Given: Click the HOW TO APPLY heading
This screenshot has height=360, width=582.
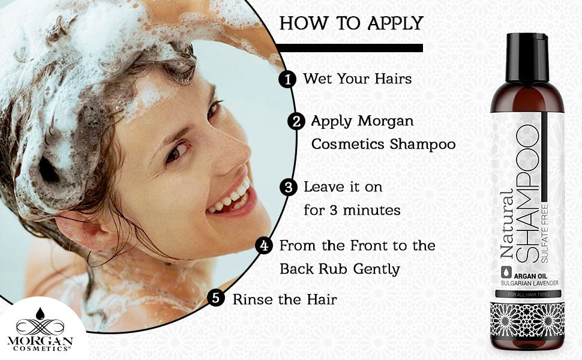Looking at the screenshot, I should coord(352,23).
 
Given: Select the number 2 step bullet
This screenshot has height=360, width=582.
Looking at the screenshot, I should coord(296,122).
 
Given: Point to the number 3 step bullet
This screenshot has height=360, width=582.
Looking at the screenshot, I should coord(289,188).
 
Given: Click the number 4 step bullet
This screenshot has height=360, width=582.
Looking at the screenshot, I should coord(264,246).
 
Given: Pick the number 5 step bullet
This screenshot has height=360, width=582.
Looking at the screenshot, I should coord(217,298).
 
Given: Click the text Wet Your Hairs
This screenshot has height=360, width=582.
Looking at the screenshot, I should coord(357,79).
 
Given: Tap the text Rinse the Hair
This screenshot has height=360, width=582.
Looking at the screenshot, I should coord(284,299).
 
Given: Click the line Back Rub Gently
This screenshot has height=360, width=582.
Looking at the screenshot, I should coord(340,269).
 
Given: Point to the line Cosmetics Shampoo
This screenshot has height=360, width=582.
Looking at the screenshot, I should coord(383,145).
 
